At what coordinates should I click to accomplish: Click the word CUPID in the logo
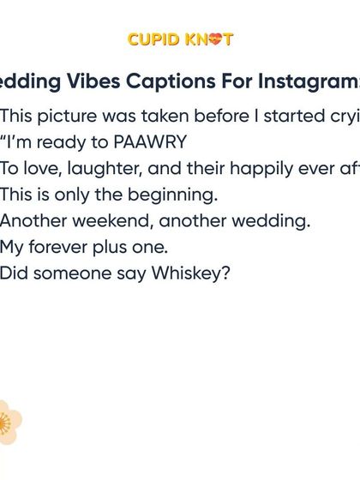coord(153,39)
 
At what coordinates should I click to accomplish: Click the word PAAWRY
coord(150,142)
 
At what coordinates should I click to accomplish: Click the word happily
coord(249,169)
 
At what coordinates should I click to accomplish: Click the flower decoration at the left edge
coord(8,422)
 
